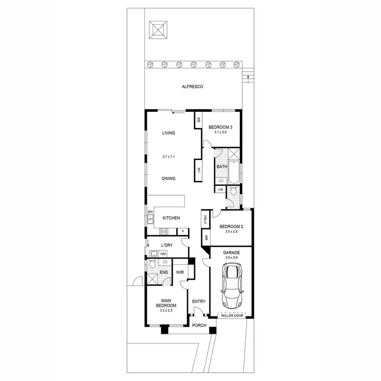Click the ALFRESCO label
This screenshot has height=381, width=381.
click(x=193, y=87)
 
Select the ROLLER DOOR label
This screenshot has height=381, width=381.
click(x=232, y=316)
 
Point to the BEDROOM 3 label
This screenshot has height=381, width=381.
click(x=220, y=127)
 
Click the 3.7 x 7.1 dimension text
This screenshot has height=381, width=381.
click(x=169, y=157)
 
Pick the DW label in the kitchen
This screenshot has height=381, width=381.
click(x=150, y=212)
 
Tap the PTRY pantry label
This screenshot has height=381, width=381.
click(x=205, y=220)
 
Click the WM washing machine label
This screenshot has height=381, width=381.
click(x=164, y=253)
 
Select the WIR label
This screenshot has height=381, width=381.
click(x=180, y=272)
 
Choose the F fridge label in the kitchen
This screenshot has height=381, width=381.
click(x=182, y=232)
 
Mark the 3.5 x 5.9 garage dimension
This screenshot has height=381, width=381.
click(x=231, y=258)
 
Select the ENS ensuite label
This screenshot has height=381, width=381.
click(x=164, y=272)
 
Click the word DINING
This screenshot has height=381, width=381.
click(x=169, y=178)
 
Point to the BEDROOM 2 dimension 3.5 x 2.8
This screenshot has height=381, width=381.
click(x=231, y=232)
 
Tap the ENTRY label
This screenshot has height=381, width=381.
click(x=199, y=301)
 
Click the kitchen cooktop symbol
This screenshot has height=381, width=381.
click(x=165, y=232)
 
